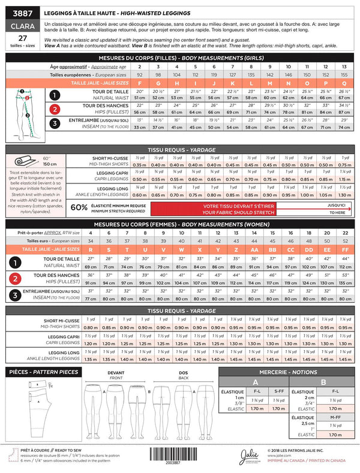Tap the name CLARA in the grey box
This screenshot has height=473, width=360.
point(17,26)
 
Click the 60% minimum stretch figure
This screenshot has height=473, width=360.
point(79,207)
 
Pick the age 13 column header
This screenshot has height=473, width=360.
point(344,67)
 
